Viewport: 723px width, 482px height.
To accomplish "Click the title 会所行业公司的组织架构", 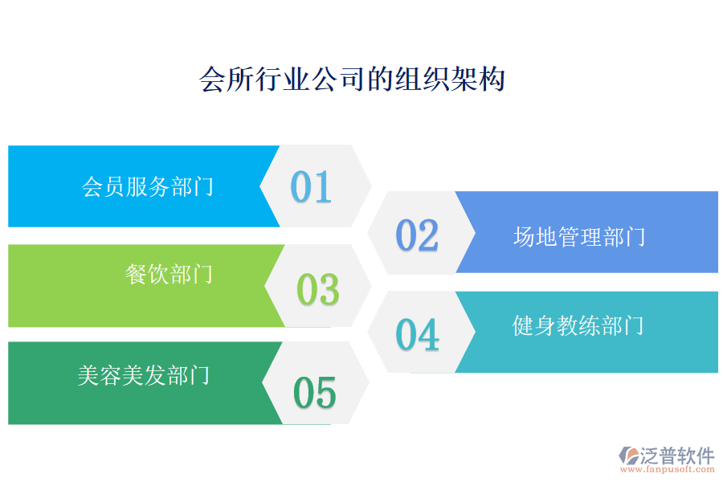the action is (353, 79).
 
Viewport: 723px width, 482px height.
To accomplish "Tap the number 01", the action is (311, 186).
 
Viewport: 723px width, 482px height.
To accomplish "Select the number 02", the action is (417, 235).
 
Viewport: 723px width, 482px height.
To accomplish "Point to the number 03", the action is (317, 288).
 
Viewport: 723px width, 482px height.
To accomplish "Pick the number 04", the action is (417, 334).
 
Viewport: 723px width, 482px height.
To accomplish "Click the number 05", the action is (315, 392).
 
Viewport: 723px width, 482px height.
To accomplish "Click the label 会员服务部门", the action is (148, 187).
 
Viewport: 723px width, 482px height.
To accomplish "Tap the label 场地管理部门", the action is (579, 237).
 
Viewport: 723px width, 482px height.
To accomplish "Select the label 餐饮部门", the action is (170, 275).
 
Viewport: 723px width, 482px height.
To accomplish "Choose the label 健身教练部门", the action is (578, 325).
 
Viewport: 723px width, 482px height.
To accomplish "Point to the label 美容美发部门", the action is (144, 375).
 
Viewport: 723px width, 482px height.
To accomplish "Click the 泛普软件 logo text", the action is (677, 455).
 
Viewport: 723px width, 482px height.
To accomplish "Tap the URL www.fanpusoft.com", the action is (668, 469).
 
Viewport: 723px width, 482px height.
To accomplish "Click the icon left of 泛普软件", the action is (628, 455).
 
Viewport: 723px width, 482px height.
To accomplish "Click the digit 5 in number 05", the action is (326, 392).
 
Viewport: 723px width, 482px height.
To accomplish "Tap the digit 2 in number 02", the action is (428, 235).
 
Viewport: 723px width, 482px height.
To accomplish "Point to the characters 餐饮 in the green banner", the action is (147, 275).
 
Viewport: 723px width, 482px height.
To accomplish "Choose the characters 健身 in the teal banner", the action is (533, 325).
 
